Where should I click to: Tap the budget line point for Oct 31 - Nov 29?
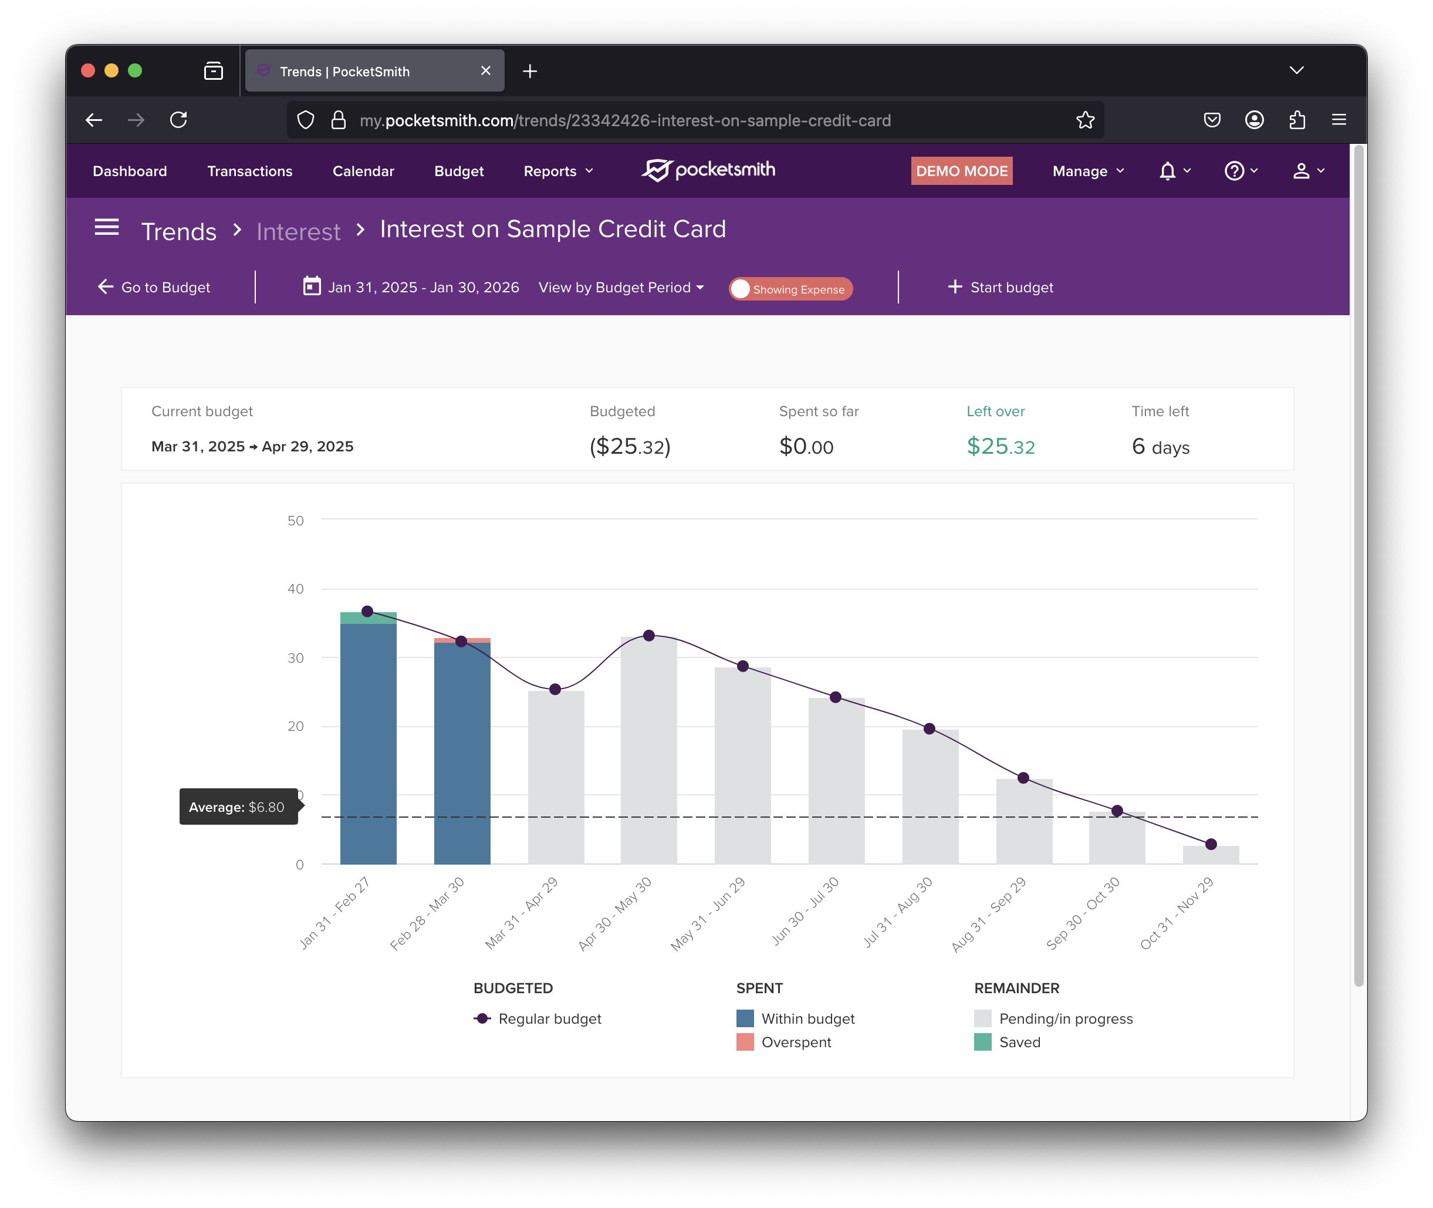coord(1211,844)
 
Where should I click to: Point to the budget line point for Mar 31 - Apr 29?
coord(555,689)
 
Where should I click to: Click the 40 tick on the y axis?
coord(295,589)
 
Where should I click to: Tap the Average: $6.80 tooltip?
coord(238,807)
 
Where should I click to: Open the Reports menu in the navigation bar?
coord(558,171)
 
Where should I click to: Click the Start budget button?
coord(1001,288)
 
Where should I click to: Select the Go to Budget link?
coord(154,288)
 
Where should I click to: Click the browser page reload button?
coord(179,120)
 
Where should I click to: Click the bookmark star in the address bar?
coord(1084,120)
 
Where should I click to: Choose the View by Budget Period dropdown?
coord(620,288)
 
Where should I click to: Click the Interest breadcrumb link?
coord(298,231)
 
